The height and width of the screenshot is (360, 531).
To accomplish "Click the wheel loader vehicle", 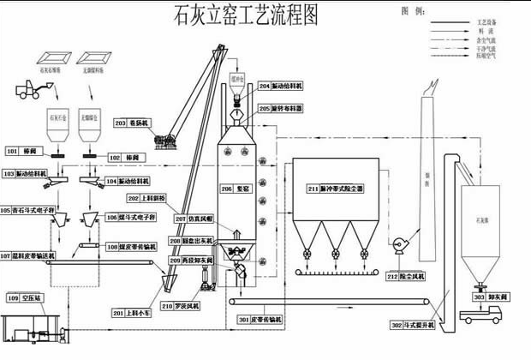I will coord(32,89).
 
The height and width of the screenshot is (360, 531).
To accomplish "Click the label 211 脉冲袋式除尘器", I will coord(336,188).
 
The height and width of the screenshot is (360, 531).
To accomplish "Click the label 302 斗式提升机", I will coord(413,326).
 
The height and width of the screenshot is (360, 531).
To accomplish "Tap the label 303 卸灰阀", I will coord(491,297).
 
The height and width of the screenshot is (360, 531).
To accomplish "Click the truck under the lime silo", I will coord(482,316).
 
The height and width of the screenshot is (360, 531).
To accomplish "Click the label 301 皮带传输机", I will coord(267,320).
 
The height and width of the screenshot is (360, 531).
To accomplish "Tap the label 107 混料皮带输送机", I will coord(28,255).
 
